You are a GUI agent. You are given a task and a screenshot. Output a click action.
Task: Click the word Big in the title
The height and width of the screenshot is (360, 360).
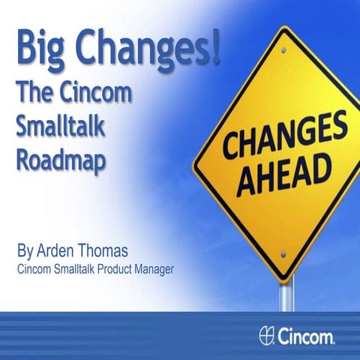coord(37,52)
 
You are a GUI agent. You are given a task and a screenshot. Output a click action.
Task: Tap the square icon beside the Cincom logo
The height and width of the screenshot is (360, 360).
coord(265,334)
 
